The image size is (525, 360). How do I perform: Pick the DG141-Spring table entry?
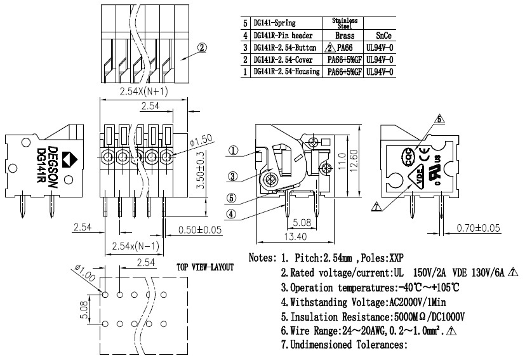[274, 23]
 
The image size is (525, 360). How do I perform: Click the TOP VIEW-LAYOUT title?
[205, 267]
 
